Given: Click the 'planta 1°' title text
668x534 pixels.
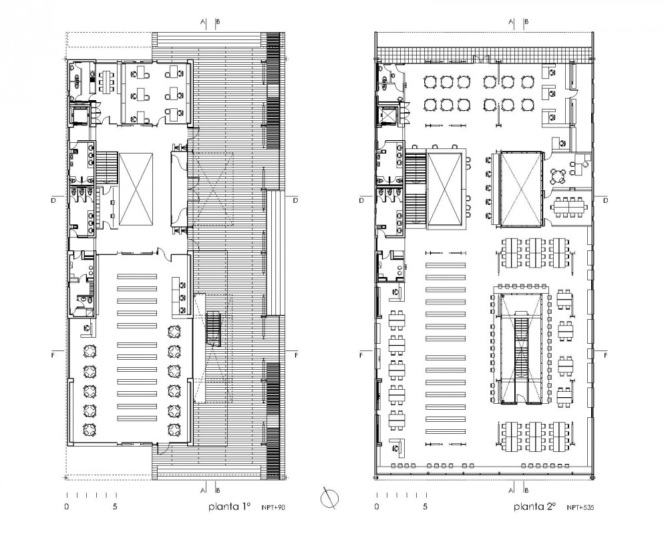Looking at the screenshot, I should pos(229,507).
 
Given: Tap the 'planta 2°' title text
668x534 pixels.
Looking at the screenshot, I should pos(535,507).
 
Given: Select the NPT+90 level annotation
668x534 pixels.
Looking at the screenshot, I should pos(273,508).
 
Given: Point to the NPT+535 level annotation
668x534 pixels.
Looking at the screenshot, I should pos(580,508).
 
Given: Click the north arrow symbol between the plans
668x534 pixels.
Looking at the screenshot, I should pos(329,499).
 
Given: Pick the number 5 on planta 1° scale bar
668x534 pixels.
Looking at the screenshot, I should pos(116,507).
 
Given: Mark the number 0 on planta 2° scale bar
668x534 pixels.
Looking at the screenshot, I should pos(375,507).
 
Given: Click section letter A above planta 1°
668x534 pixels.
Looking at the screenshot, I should pos(202,22).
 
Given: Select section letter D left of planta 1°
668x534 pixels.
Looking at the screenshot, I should pos(53,200).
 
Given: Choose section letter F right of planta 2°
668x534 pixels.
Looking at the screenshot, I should pos(606,355).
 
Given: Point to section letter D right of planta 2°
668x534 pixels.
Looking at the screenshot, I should pos(606,200).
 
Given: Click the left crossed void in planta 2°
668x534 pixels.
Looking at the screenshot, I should pos(444,190).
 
